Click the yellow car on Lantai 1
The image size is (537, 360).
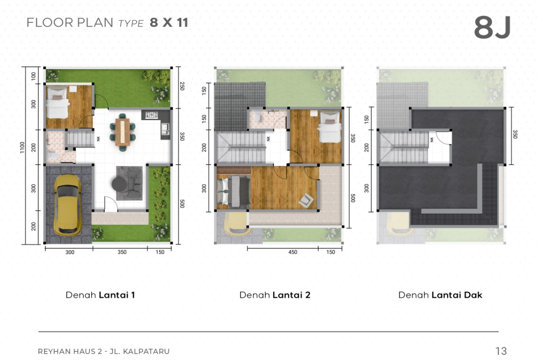coord(68,205)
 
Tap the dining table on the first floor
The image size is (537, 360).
coord(122,132)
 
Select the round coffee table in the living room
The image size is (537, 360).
coord(119,184)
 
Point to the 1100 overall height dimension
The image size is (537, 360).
coord(22,148)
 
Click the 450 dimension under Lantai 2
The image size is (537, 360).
coord(293,252)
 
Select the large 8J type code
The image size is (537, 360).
coord(492,28)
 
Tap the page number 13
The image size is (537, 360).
coord(501,351)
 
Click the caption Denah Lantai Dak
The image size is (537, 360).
coord(440,295)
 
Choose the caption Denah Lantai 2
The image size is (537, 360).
coord(274,295)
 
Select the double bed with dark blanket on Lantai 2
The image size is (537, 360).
coord(234,191)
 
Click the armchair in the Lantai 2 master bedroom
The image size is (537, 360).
coord(306,200)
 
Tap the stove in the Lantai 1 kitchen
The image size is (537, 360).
coord(151,115)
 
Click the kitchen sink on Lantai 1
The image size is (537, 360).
coord(165,128)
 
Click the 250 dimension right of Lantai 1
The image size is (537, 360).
coord(182,86)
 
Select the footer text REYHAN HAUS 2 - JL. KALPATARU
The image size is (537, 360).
coord(103,351)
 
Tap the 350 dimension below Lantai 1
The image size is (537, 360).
coord(122,252)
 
